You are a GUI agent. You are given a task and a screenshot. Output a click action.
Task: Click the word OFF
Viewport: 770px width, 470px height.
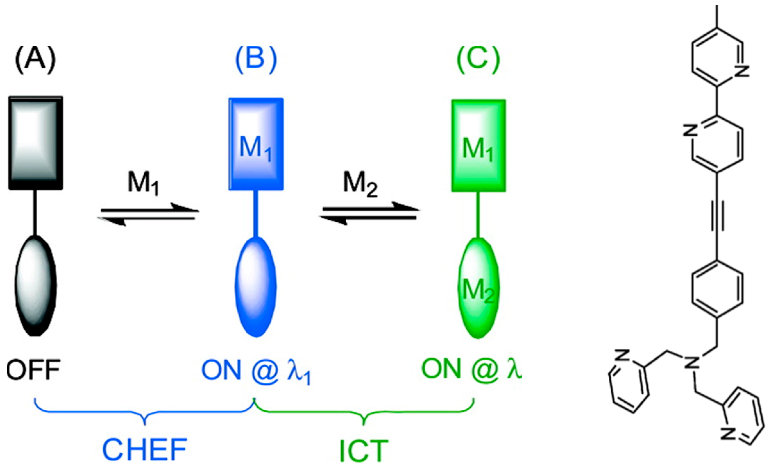33,370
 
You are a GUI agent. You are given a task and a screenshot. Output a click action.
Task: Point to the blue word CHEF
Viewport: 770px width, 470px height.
145,450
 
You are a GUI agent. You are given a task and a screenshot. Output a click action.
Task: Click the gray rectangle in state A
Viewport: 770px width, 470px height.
36,143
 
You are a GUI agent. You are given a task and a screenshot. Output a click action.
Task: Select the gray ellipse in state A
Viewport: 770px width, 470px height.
36,286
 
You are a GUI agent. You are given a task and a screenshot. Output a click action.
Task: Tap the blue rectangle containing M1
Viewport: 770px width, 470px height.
256,144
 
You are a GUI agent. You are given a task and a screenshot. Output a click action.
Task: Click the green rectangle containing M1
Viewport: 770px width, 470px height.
478,146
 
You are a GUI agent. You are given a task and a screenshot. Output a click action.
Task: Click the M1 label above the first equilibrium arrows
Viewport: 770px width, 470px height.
143,184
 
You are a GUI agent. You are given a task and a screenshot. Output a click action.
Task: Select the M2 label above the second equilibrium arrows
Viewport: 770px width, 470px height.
360,184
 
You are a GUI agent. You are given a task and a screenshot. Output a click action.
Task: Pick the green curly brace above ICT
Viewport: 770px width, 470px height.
364,412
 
